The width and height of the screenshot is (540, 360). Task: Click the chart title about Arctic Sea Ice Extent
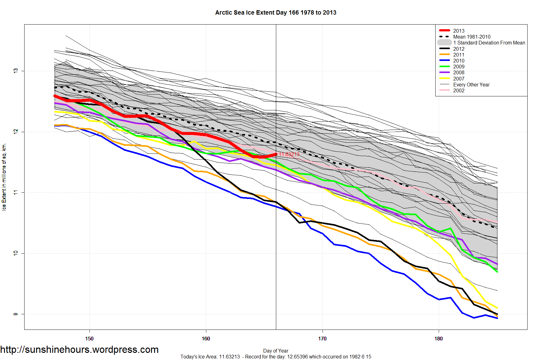click(x=276, y=13)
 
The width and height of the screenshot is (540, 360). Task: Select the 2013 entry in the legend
click(x=459, y=31)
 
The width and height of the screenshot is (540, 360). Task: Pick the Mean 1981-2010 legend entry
click(x=472, y=37)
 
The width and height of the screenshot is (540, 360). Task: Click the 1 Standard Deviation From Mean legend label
click(x=489, y=43)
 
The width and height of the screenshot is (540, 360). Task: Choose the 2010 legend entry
click(x=459, y=61)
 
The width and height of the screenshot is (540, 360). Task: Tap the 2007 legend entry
click(x=459, y=79)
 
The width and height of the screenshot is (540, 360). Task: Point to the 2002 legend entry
click(x=459, y=90)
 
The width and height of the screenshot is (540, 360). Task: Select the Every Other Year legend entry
click(x=471, y=85)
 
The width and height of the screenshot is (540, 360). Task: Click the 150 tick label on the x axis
click(x=89, y=339)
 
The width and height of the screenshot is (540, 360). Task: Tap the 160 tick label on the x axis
click(x=206, y=339)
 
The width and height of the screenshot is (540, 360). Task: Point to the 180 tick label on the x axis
click(x=438, y=339)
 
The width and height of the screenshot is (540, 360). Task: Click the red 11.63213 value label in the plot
click(x=289, y=154)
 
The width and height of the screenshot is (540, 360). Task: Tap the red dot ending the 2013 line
click(x=276, y=154)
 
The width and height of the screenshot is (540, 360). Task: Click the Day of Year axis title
click(x=276, y=351)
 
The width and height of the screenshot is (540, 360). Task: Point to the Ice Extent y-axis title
click(x=4, y=177)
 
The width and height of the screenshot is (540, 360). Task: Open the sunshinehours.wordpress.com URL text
click(x=80, y=349)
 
